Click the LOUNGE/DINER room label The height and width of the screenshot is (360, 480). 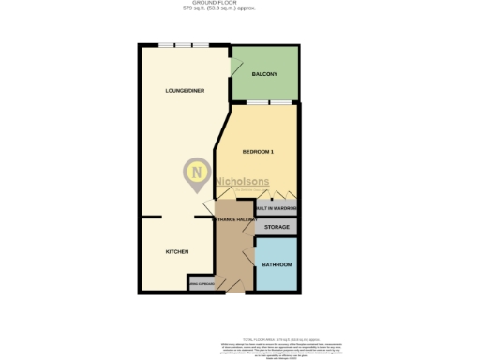(185, 91)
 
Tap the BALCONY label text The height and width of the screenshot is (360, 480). (264, 73)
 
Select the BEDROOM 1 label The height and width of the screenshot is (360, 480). (258, 152)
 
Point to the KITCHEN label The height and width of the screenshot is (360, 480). (177, 252)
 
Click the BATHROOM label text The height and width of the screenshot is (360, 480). (277, 265)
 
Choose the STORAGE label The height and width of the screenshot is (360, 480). (276, 228)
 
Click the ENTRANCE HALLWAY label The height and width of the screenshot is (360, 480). (235, 219)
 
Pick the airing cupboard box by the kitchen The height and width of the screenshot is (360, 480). (202, 282)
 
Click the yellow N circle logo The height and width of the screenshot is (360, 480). (196, 173)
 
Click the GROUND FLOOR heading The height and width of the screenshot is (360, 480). (240, 4)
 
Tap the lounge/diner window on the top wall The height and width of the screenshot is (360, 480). (183, 45)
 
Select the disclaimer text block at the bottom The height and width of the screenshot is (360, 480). (240, 349)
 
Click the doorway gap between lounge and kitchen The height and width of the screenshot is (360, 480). (178, 217)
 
